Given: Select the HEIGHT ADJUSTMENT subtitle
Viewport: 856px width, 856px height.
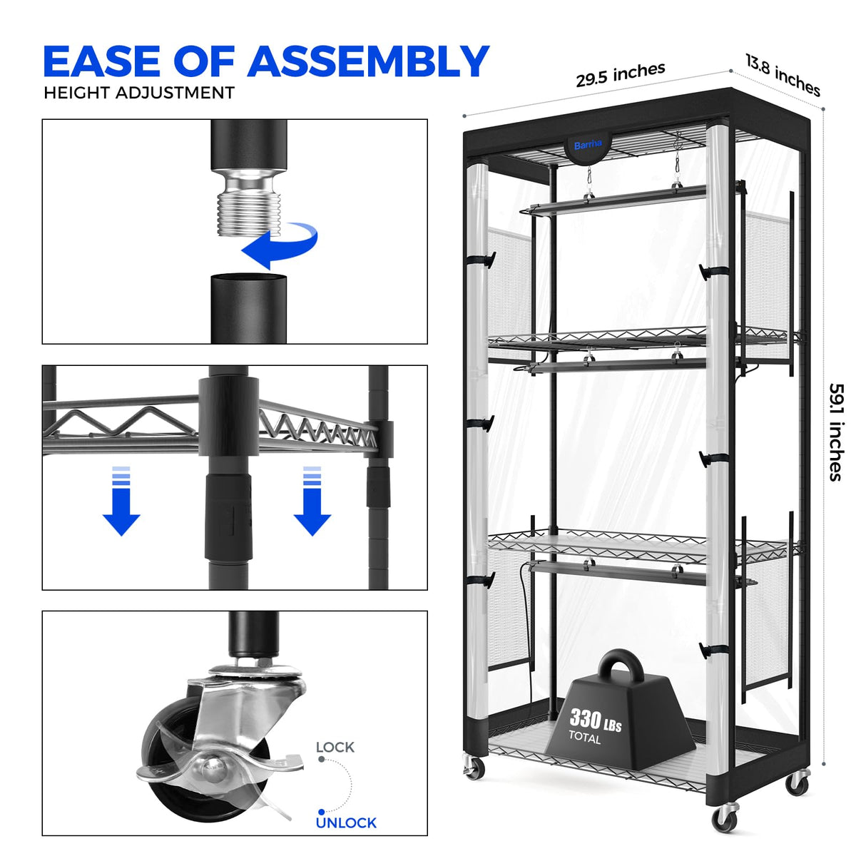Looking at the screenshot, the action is [x=139, y=93].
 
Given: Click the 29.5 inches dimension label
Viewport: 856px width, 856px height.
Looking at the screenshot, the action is [x=621, y=75].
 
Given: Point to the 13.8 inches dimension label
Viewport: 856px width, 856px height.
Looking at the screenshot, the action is [x=783, y=75].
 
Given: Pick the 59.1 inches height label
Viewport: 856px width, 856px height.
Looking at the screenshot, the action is [x=836, y=432].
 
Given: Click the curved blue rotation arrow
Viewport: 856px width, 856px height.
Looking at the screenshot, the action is [x=281, y=244].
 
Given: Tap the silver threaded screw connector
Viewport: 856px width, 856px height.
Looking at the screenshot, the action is [x=249, y=203].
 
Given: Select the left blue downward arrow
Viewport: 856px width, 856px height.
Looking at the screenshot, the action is [x=121, y=501].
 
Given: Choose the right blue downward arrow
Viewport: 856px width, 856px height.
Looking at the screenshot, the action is [x=312, y=501].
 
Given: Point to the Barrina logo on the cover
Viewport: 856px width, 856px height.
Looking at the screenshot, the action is [x=588, y=144].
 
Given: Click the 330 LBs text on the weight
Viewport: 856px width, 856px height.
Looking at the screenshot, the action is [x=595, y=720].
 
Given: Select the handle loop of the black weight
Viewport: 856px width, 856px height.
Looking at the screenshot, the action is [x=621, y=668].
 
